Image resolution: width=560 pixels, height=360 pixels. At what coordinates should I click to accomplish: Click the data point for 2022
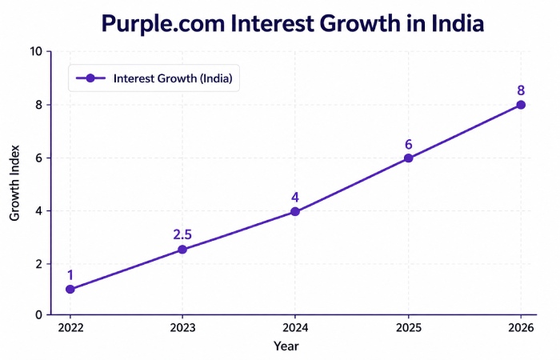click(70, 289)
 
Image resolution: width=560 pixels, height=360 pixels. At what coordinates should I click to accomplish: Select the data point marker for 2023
click(182, 250)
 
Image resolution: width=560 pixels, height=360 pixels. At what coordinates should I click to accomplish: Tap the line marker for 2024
click(295, 211)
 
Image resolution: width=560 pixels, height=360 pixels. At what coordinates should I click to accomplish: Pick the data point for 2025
click(408, 158)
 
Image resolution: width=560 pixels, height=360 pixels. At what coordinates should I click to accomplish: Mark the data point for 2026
click(521, 105)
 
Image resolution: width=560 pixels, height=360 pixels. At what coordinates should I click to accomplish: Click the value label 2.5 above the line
click(182, 235)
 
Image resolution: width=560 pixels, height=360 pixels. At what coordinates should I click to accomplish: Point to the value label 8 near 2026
click(521, 90)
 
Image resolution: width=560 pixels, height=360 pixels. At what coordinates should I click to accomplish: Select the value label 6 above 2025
click(408, 144)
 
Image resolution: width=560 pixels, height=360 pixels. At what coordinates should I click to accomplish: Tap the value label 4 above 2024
click(295, 197)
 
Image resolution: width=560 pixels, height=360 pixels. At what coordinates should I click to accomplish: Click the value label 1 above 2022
click(70, 274)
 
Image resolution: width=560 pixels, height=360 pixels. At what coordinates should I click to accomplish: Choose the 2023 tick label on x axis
click(182, 328)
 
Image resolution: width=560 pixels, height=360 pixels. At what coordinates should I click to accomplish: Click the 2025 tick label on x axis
click(408, 328)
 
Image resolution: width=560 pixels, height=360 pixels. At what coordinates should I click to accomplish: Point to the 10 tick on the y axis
click(36, 52)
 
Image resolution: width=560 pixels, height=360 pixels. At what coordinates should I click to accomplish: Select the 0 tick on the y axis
click(38, 315)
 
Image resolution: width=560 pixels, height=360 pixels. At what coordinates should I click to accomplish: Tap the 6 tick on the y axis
click(38, 158)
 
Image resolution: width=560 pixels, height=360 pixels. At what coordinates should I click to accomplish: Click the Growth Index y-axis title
click(14, 183)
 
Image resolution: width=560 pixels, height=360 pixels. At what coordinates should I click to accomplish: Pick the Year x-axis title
click(286, 346)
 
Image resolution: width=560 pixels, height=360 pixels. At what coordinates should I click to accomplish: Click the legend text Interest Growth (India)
click(177, 78)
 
